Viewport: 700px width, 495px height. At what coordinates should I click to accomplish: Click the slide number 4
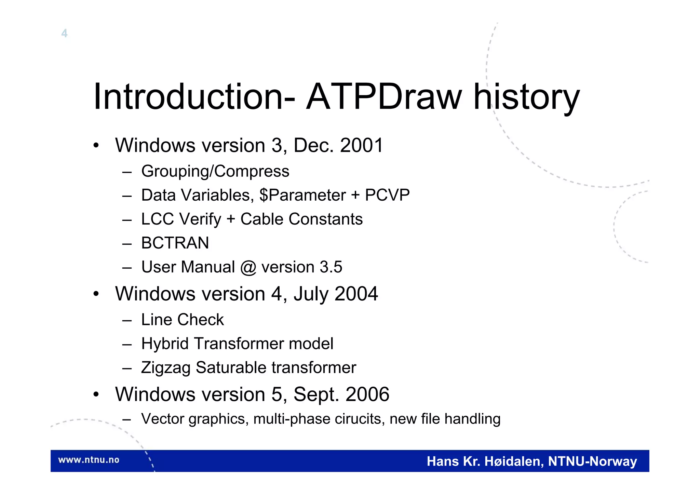pyautogui.click(x=64, y=34)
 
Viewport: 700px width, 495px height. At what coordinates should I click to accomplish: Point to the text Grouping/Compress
pyautogui.click(x=215, y=171)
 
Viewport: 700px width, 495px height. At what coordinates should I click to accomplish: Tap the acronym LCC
pyautogui.click(x=158, y=219)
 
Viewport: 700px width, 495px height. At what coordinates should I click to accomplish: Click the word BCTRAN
pyautogui.click(x=175, y=243)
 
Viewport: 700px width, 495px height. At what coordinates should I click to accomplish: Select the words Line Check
pyautogui.click(x=183, y=320)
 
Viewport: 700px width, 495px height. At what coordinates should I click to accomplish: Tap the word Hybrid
pyautogui.click(x=165, y=344)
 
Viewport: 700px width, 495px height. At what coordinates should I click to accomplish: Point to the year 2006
pyautogui.click(x=367, y=394)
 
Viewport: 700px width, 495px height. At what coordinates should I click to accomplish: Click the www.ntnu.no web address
pyautogui.click(x=89, y=460)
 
